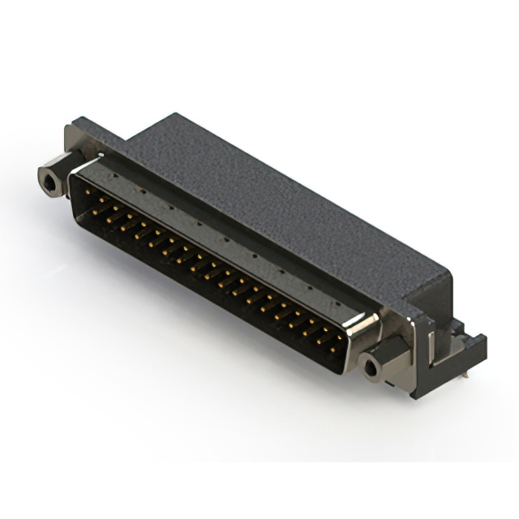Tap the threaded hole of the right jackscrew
371,368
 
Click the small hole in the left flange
71,134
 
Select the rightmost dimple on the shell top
341,301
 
